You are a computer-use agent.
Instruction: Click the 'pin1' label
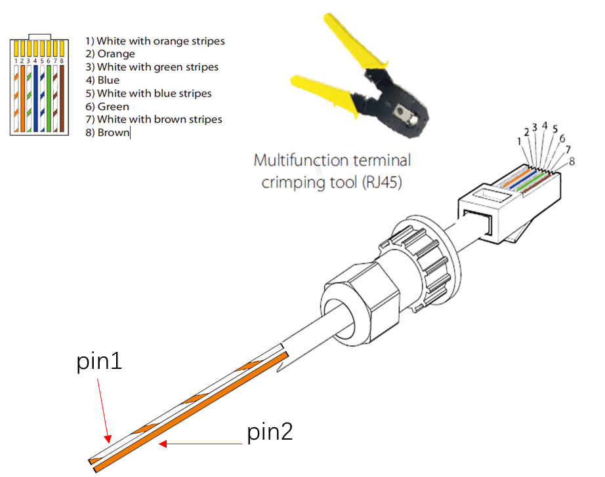[99, 362]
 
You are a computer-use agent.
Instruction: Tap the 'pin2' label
[270, 432]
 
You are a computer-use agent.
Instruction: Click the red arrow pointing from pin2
[200, 444]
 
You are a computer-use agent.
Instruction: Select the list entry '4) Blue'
[102, 80]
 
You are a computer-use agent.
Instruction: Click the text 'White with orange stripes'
[161, 41]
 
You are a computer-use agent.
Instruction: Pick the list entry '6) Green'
[107, 106]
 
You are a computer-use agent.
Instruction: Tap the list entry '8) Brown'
[107, 132]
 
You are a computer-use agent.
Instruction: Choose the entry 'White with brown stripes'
[159, 119]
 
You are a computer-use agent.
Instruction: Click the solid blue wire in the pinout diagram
[35, 98]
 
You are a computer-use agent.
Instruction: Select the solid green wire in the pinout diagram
[49, 98]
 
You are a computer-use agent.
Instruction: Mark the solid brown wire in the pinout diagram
[62, 98]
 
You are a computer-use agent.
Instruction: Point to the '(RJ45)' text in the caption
[382, 182]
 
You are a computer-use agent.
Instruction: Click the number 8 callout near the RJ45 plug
[572, 161]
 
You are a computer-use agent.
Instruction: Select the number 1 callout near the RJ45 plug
[519, 142]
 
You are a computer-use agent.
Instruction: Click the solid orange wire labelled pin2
[191, 411]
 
